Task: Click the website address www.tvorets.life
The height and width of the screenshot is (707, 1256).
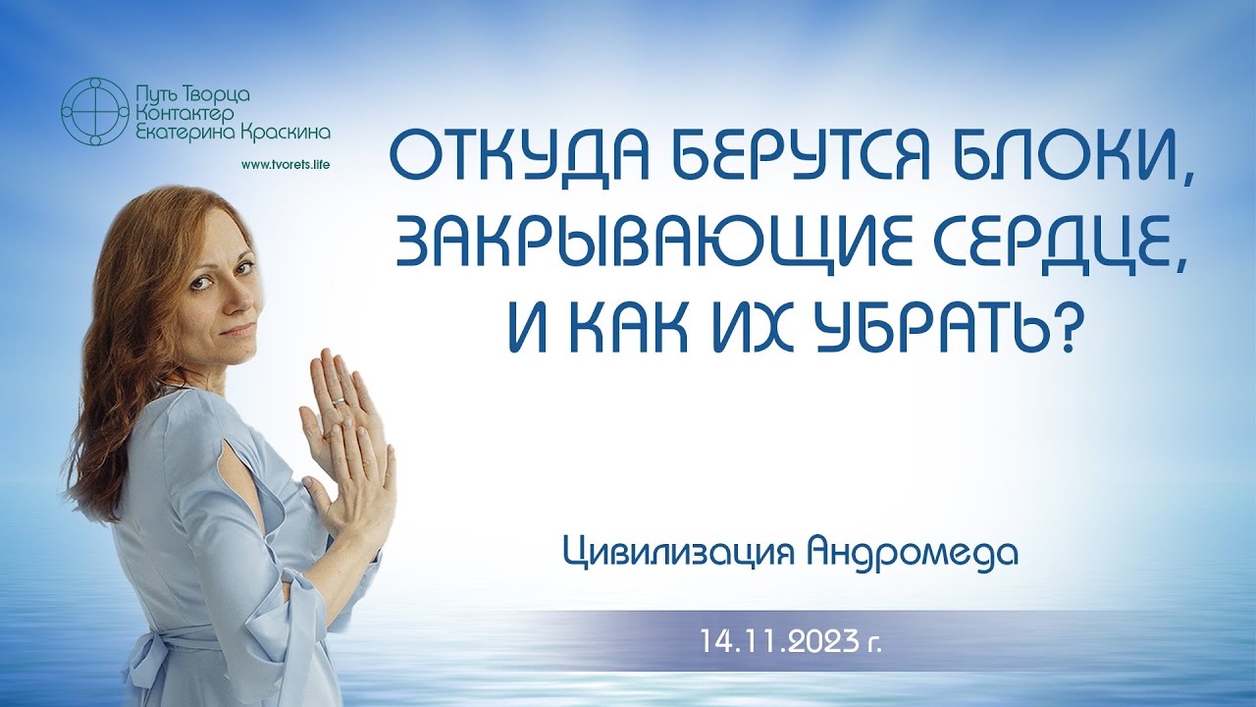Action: [284, 164]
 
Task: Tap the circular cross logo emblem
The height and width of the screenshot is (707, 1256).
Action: [94, 110]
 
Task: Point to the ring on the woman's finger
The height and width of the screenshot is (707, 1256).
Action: [339, 401]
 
